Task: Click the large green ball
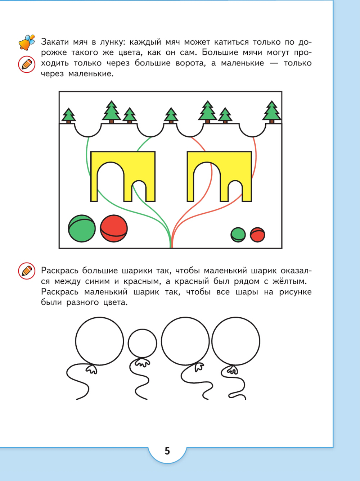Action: pyautogui.click(x=82, y=228)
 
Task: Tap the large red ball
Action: pyautogui.click(x=114, y=228)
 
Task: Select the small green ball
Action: pyautogui.click(x=238, y=235)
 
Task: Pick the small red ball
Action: pyautogui.click(x=258, y=235)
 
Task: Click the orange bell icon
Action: pyautogui.click(x=27, y=42)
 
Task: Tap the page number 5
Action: pyautogui.click(x=167, y=451)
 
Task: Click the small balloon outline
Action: pyautogui.click(x=143, y=343)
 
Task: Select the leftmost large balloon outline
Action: pyautogui.click(x=99, y=341)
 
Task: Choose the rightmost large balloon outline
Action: pyautogui.click(x=236, y=341)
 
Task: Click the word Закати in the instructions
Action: pyautogui.click(x=55, y=42)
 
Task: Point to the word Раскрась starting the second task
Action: pyautogui.click(x=60, y=271)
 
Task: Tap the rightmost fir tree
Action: pyautogui.click(x=272, y=112)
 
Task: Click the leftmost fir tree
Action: pyautogui.click(x=69, y=115)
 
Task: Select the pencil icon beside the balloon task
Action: pyautogui.click(x=27, y=271)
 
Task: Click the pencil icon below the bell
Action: pyautogui.click(x=27, y=64)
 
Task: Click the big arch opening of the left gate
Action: pyautogui.click(x=111, y=182)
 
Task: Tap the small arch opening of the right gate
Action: pyautogui.click(x=235, y=191)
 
